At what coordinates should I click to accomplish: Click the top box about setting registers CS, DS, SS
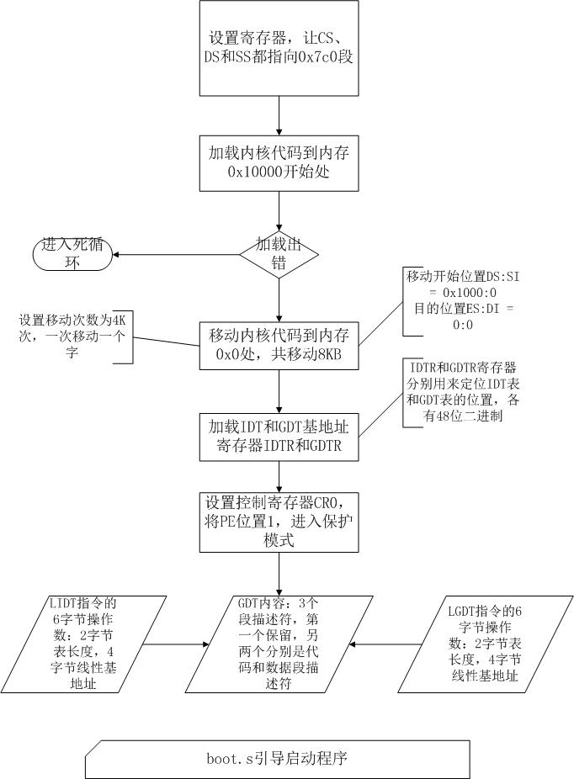[279, 48]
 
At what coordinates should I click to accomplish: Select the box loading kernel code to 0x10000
[279, 162]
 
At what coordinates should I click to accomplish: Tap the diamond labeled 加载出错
[279, 254]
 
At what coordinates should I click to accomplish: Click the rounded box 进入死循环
[72, 254]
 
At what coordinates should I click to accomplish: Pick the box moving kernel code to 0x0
[279, 345]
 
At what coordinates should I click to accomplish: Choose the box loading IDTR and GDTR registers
[279, 436]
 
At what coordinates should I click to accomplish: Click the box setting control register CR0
[279, 522]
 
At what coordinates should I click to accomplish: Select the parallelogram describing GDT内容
[279, 644]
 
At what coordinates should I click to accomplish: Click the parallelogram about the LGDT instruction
[481, 644]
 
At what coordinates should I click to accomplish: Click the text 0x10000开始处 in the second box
[279, 172]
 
